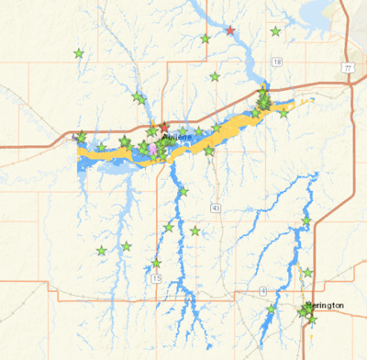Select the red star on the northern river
230,31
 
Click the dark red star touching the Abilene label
163,129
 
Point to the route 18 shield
276,61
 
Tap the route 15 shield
157,277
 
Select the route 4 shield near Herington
263,291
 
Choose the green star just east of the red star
275,31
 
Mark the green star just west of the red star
205,39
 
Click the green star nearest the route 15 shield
156,264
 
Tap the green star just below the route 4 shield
270,310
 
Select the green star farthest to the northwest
79,53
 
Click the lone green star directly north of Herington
307,272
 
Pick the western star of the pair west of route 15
101,250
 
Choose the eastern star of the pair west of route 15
126,246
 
